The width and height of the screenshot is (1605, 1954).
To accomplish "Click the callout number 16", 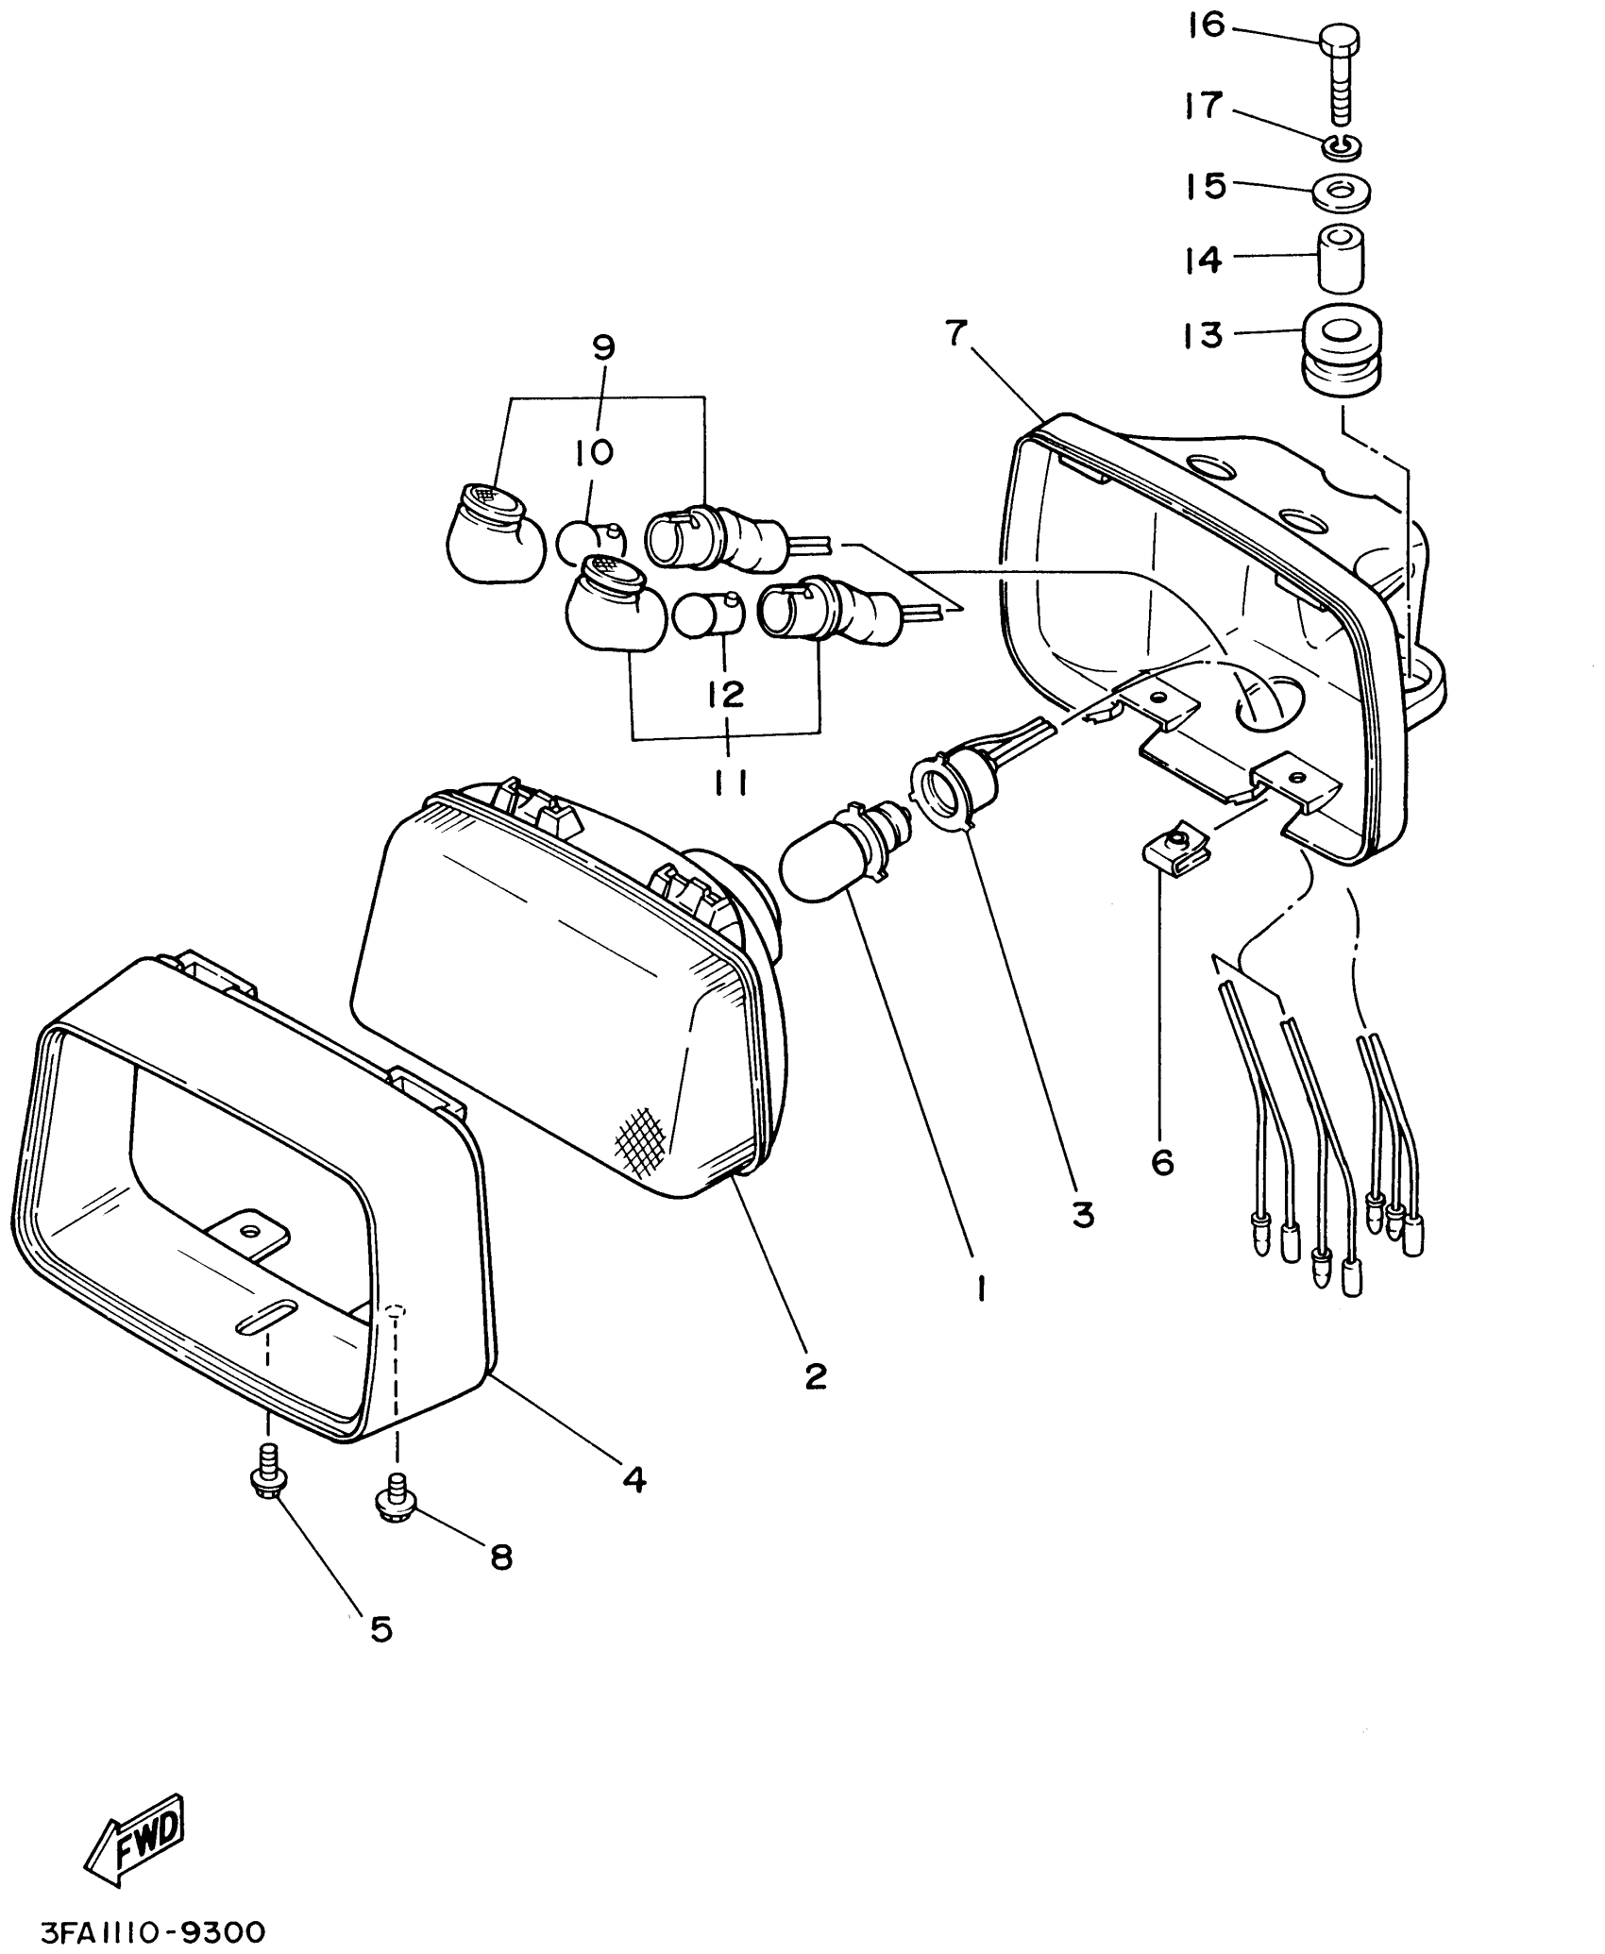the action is point(1207,25).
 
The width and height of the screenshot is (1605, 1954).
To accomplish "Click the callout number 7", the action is point(955,333).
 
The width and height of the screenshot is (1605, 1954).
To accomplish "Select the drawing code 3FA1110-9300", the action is point(152,1929).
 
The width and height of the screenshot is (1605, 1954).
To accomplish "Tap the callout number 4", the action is point(634,1478).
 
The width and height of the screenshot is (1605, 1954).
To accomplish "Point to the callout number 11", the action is point(729,783).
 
